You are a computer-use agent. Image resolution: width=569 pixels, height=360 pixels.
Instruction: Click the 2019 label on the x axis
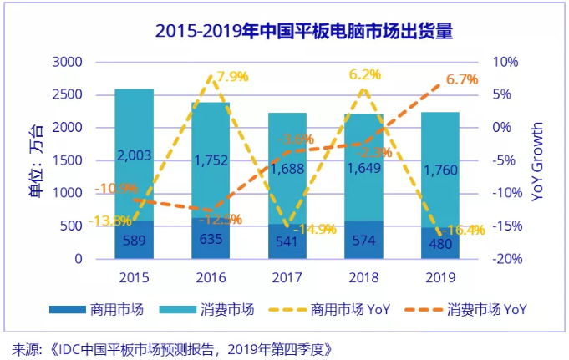coord(442,276)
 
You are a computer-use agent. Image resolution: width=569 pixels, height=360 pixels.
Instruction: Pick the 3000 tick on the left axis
coord(67,63)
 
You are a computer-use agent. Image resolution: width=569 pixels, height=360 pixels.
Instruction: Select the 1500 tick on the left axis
coord(67,160)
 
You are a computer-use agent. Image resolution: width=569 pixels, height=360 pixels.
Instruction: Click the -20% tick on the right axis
coord(505,259)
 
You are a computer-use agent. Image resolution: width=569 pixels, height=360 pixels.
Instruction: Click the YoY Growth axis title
coord(538,161)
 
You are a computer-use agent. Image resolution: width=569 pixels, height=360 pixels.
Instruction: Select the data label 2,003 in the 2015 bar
coord(134,155)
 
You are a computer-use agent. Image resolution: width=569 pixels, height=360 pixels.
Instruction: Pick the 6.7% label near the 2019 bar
coord(462,80)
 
